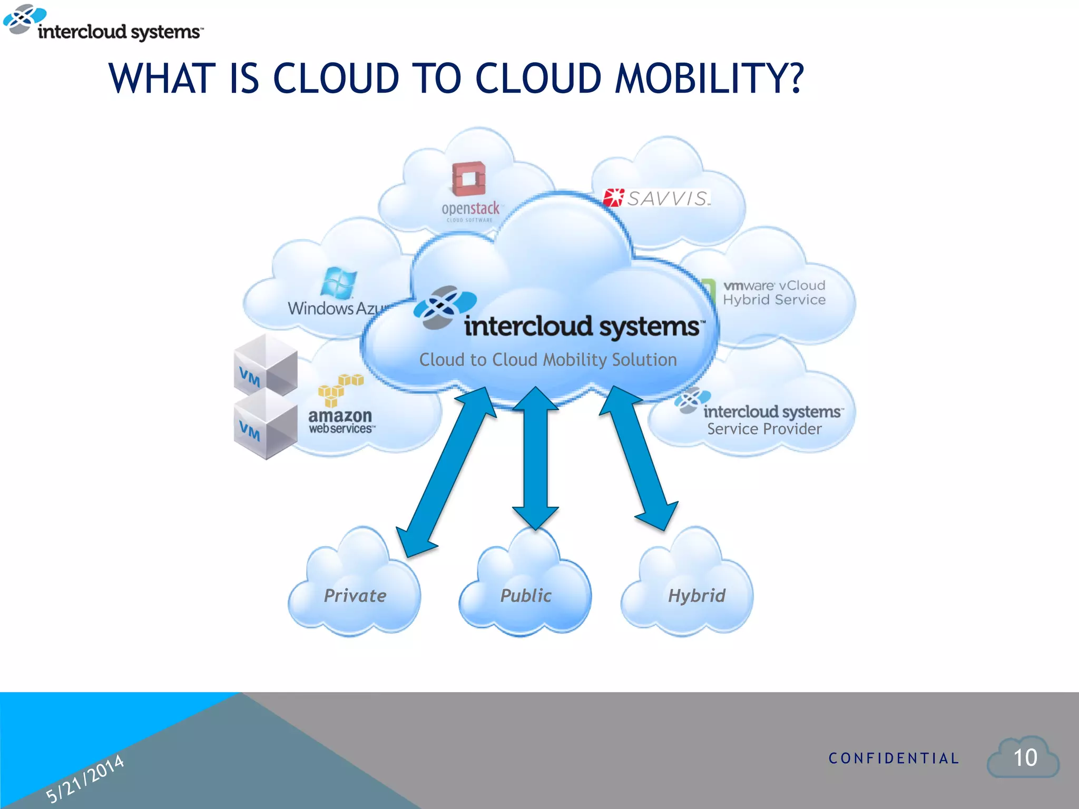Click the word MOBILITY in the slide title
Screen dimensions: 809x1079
click(709, 79)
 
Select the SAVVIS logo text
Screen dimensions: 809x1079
click(667, 199)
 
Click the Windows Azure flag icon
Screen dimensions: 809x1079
click(338, 282)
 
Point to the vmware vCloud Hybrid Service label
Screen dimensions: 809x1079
click(774, 293)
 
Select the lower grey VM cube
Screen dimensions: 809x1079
click(265, 425)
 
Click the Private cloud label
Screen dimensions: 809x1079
click(355, 596)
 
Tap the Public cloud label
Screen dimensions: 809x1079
click(525, 596)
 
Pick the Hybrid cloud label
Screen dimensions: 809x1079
click(696, 596)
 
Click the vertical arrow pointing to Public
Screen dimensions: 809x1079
click(535, 458)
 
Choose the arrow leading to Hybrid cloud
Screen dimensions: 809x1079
click(638, 458)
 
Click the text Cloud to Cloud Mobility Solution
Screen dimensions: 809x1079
click(548, 360)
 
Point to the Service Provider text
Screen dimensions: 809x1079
click(764, 429)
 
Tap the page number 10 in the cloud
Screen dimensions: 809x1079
click(1025, 758)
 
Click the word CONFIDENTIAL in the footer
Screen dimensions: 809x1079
click(894, 758)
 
